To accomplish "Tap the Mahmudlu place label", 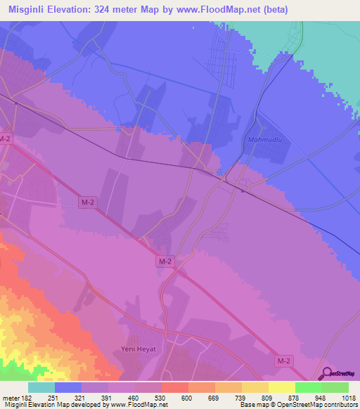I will (264, 139).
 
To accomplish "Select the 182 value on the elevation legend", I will (26, 397).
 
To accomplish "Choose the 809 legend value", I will (254, 397).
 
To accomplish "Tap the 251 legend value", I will (52, 397).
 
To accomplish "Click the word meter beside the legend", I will (10, 397).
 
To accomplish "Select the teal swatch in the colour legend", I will (41, 387).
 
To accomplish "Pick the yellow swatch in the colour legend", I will (281, 387).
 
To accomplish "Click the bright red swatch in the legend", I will (174, 387).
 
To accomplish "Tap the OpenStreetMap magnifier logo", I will (326, 375).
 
